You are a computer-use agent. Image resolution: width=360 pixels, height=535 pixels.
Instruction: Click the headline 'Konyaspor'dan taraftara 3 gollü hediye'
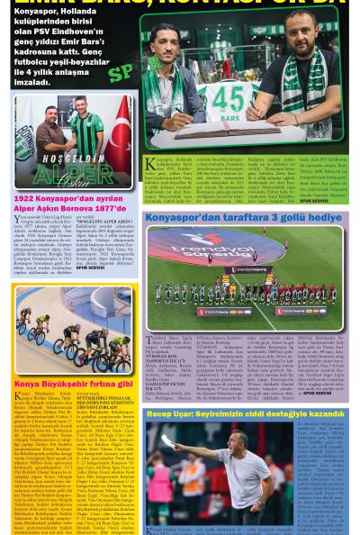[x=243, y=218]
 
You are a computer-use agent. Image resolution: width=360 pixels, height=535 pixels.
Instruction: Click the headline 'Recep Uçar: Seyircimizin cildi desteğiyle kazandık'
[x=244, y=413]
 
